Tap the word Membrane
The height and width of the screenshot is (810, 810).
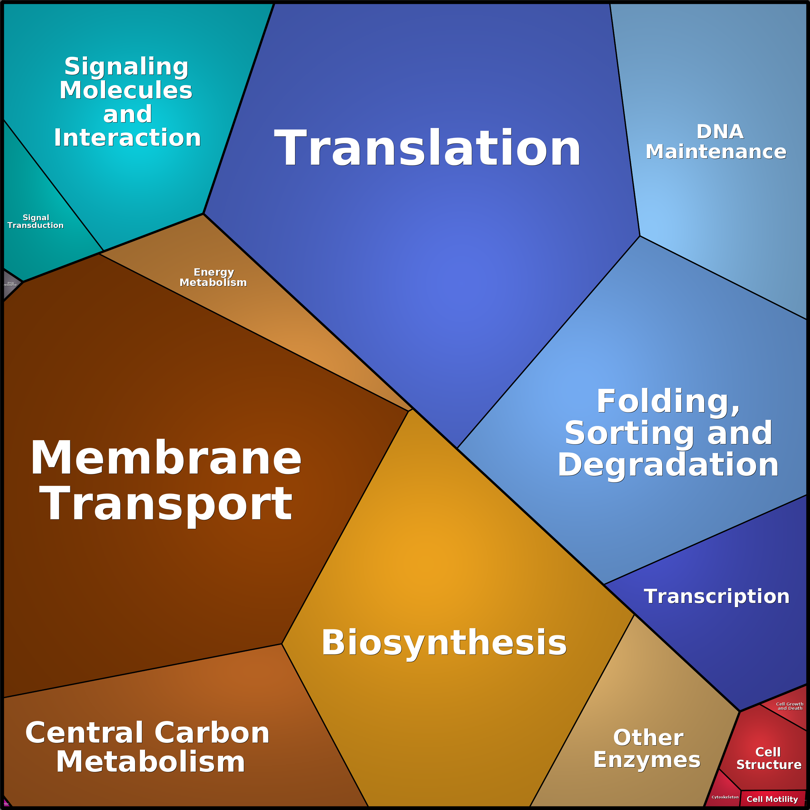pos(166,458)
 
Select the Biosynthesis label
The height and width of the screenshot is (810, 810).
pos(444,643)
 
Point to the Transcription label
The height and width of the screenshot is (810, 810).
pos(716,597)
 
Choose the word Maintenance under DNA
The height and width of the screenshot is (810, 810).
pos(716,152)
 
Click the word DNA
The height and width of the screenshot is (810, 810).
pos(720,132)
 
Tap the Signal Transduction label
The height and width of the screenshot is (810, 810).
pos(36,222)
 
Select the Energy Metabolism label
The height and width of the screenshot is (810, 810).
pos(213,277)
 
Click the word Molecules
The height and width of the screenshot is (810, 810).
pos(126,90)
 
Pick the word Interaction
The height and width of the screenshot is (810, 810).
pos(127,138)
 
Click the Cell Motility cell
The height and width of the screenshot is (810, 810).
pos(772,799)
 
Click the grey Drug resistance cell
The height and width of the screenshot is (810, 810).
pos(10,284)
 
